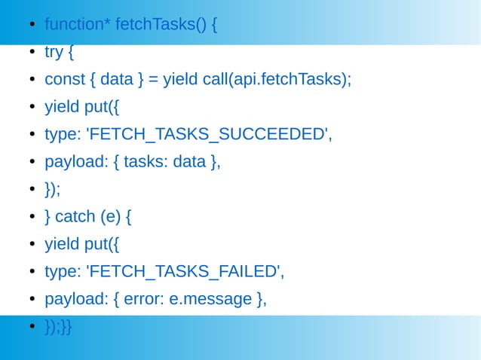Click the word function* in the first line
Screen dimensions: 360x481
click(78, 25)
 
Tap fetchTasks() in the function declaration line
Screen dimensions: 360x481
click(161, 25)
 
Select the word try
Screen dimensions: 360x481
click(54, 53)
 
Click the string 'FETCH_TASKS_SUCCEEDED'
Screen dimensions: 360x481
click(210, 135)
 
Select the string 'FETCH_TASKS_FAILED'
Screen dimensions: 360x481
click(185, 272)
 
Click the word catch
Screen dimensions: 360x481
click(75, 217)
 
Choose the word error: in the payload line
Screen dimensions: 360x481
click(144, 299)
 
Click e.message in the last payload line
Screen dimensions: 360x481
click(210, 299)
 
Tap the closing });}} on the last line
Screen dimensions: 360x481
click(59, 326)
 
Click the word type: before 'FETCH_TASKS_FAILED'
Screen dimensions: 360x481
click(63, 272)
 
